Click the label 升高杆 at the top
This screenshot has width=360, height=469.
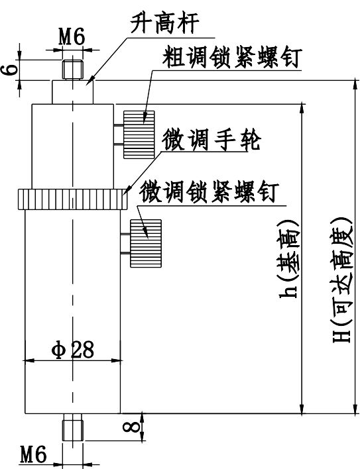[x=164, y=24]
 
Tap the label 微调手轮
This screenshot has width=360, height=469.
[x=211, y=140]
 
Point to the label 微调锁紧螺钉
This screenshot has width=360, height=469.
[x=210, y=191]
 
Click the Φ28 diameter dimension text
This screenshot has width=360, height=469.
[x=72, y=349]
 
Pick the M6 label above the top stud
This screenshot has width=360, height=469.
[x=72, y=37]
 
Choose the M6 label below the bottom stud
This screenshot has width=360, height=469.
[x=34, y=454]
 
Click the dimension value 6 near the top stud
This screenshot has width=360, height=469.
[x=9, y=70]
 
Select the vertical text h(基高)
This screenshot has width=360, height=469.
[x=288, y=259]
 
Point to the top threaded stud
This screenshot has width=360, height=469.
[x=73, y=70]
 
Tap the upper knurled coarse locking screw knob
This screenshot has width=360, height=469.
[x=139, y=134]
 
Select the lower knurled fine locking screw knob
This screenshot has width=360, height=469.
[x=146, y=244]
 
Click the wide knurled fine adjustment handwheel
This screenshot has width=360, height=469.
[x=72, y=199]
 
